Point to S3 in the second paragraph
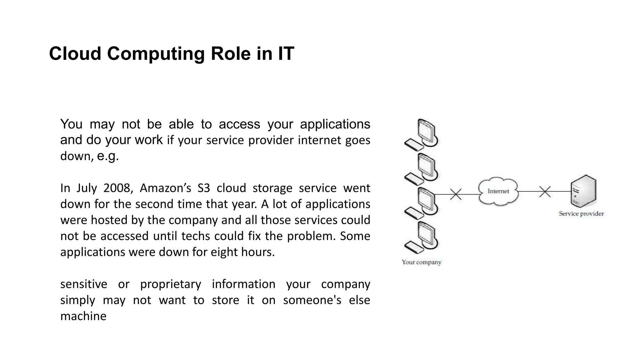pyautogui.click(x=204, y=188)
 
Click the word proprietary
pyautogui.click(x=170, y=284)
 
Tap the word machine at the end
pyautogui.click(x=83, y=316)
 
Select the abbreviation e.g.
pyautogui.click(x=108, y=156)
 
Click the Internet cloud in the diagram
pyautogui.click(x=498, y=191)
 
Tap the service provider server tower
pyautogui.click(x=583, y=191)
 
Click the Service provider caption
pyautogui.click(x=581, y=214)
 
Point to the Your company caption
pyautogui.click(x=421, y=262)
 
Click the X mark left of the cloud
pyautogui.click(x=456, y=194)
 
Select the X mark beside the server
pyautogui.click(x=545, y=192)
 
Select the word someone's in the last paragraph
pyautogui.click(x=312, y=300)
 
